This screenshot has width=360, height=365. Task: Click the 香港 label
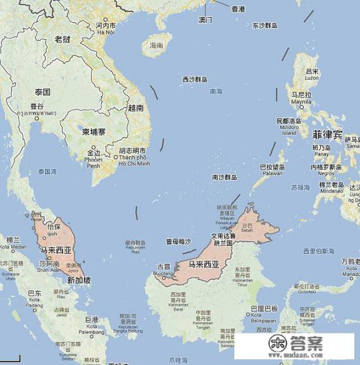[238, 9]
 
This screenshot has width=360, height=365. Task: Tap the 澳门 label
[205, 20]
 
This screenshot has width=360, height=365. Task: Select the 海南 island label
[156, 46]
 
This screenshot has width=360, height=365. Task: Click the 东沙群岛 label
[264, 26]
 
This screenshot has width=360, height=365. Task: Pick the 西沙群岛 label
[195, 80]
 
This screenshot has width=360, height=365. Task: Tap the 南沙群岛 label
[224, 177]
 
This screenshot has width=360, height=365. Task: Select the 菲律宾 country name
[327, 135]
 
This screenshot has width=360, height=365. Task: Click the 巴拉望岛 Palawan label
[272, 170]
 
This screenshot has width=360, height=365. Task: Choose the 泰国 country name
[42, 92]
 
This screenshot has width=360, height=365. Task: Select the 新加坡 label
[78, 280]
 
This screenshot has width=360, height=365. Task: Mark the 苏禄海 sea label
[301, 188]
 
